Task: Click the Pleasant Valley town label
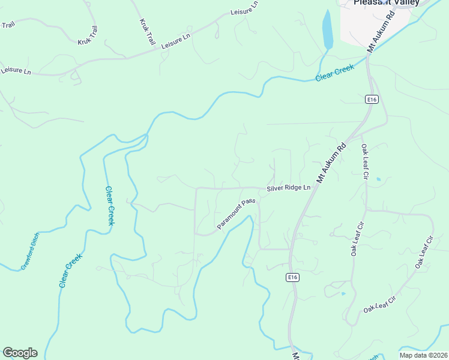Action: (385, 2)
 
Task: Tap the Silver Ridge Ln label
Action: (289, 188)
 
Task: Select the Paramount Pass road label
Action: (237, 214)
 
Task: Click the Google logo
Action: (20, 353)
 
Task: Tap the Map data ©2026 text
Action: (423, 355)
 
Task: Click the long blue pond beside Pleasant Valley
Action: (327, 30)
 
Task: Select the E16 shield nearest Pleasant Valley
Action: (373, 100)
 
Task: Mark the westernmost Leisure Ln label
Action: (16, 71)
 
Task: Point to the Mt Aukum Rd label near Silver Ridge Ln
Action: (332, 163)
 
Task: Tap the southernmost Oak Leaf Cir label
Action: (380, 305)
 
